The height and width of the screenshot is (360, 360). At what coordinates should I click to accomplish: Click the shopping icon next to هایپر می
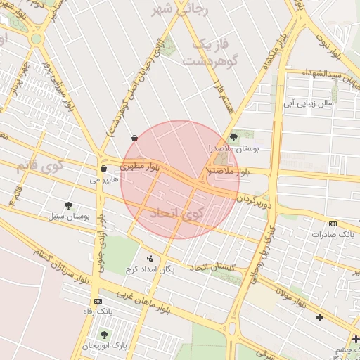pos(103,169)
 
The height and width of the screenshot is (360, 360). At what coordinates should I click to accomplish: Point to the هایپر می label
pos(101,180)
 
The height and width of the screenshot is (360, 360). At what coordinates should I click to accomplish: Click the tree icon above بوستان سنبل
pos(68,205)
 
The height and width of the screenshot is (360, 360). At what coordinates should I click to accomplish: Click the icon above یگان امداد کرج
pos(148,258)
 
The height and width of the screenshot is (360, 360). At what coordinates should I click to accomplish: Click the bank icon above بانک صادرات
pos(333,224)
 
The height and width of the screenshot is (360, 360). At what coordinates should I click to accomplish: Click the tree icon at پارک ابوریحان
pos(105,335)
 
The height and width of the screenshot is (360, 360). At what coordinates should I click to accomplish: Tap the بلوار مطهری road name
pos(140,167)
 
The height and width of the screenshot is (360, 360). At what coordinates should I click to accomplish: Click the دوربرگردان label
pos(252,201)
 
